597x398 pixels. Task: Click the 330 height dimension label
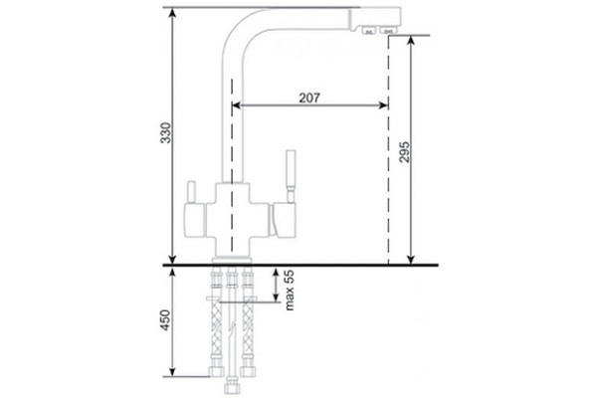pos(165,133)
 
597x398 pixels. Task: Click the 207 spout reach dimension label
pos(309,98)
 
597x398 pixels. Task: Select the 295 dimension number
pos(404,152)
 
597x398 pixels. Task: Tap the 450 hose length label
pos(165,320)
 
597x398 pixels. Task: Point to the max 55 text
pos(290,291)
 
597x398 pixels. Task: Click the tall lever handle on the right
pos(291,175)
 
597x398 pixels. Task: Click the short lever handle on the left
pos(191,192)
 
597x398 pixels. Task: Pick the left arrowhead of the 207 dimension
pos(236,105)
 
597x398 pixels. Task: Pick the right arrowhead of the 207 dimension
pos(383,105)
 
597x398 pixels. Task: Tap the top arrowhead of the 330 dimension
pos(172,13)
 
